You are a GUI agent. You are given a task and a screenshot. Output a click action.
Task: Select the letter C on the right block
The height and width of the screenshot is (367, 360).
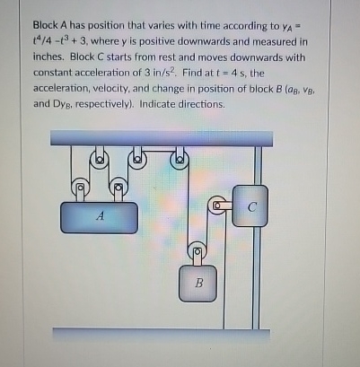click(252, 206)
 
